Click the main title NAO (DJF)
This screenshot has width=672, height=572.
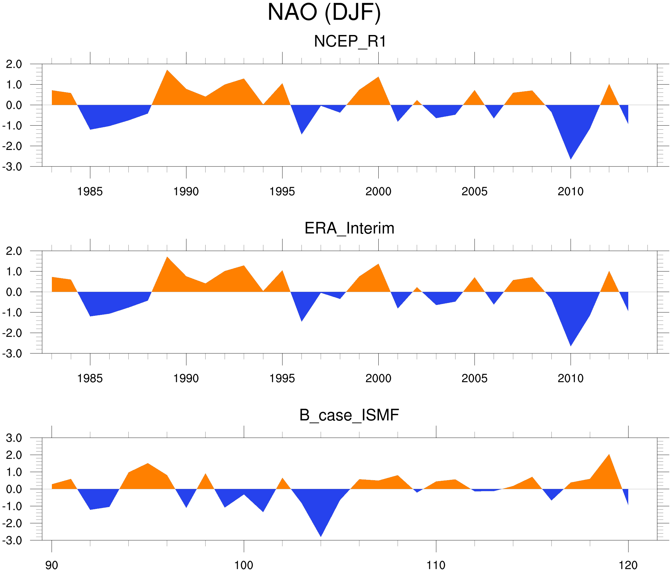[324, 13]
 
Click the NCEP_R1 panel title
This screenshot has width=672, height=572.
[350, 42]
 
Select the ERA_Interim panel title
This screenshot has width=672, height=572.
[349, 228]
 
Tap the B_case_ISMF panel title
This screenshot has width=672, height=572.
[349, 415]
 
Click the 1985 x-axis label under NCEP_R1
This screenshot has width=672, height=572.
[90, 191]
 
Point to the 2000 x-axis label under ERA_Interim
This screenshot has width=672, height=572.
[378, 378]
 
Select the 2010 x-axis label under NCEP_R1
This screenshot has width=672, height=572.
[570, 191]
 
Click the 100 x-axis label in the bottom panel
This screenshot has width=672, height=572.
[244, 565]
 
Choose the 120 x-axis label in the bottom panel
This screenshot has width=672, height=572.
[628, 565]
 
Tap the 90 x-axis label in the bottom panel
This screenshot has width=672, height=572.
[52, 565]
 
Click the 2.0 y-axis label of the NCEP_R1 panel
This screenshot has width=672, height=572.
[14, 64]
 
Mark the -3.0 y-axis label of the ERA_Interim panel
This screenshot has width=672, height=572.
[12, 354]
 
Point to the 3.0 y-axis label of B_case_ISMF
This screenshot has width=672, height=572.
[14, 438]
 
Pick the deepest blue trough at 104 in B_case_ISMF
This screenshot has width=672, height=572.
[321, 532]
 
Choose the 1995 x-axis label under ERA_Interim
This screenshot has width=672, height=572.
[282, 378]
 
